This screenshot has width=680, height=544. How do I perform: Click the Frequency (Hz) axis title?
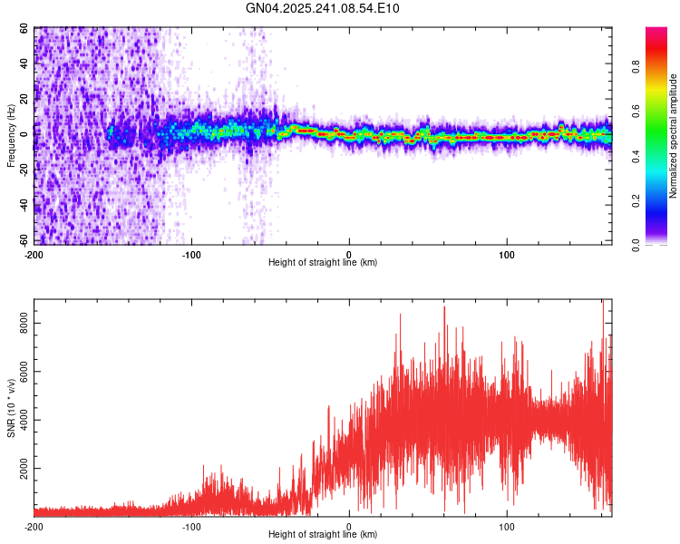(12, 137)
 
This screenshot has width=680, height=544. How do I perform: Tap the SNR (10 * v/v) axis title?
(12, 407)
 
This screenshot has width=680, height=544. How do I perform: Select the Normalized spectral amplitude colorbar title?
(674, 136)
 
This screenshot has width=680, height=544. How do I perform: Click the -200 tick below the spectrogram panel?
(34, 253)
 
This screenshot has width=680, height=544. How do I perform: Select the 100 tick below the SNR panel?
(507, 526)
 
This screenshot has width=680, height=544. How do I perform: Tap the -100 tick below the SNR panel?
(191, 526)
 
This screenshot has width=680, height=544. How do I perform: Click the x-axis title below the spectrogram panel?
(323, 263)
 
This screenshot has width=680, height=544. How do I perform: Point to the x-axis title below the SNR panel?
(323, 535)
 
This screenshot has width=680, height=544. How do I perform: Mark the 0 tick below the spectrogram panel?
(349, 253)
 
